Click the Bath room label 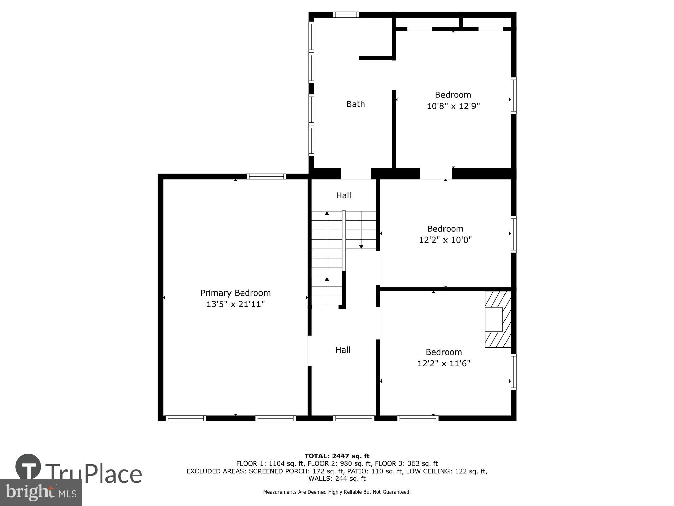356,104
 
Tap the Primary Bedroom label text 235,293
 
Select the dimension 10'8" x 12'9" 453,106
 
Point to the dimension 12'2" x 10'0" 445,240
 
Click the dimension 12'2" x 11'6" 443,363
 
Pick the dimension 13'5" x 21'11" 235,304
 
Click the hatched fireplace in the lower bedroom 498,319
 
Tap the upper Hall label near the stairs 343,195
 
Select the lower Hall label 343,350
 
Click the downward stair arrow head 361,247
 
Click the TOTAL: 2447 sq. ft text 337,456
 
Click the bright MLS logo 41,493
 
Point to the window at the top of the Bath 346,15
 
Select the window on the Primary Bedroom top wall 266,176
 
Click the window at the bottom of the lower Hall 354,418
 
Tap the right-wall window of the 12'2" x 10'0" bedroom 513,234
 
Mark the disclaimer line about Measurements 337,492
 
